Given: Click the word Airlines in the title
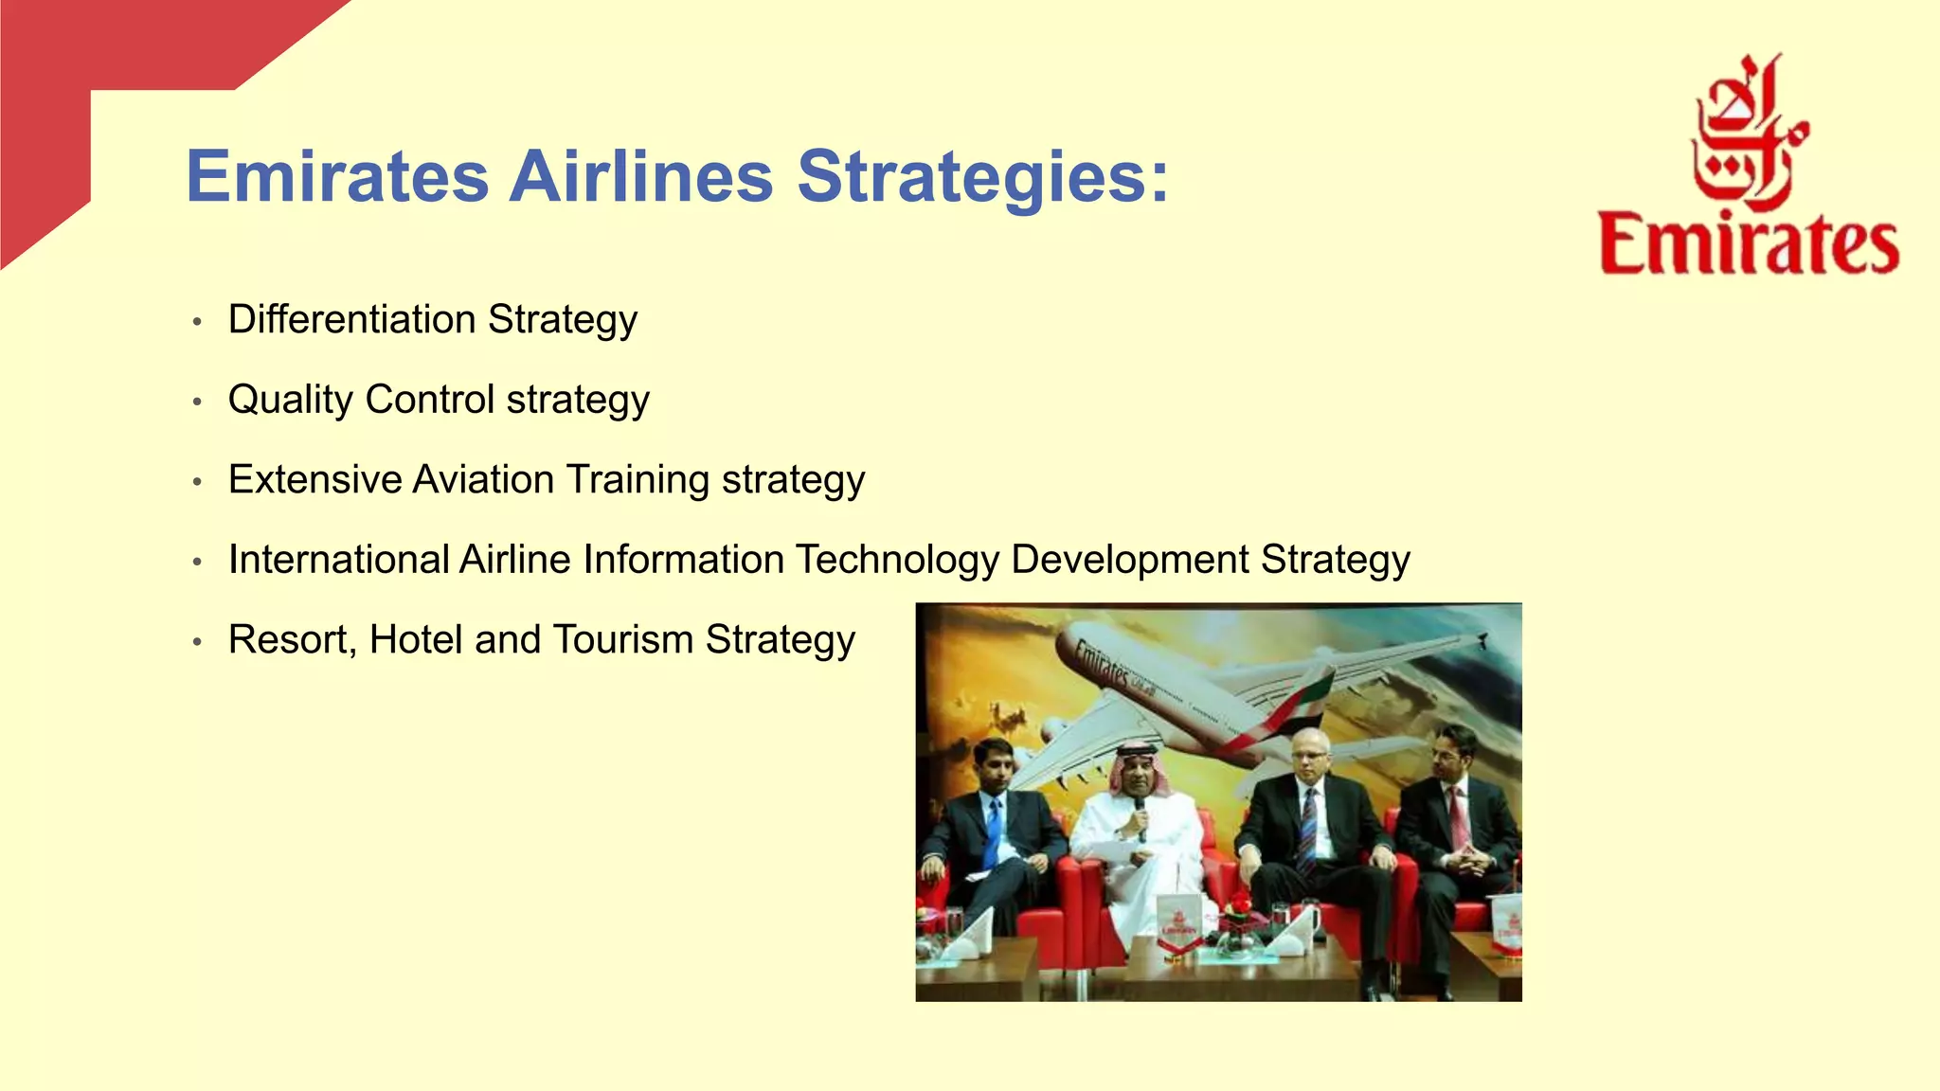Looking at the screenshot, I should (641, 176).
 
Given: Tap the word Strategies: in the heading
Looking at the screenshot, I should (983, 178).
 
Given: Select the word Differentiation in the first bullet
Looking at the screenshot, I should (351, 319).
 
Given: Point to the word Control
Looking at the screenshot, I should (429, 399).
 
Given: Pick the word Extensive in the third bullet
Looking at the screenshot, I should (314, 479).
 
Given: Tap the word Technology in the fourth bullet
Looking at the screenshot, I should (896, 560).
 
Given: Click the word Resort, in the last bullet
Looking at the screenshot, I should (292, 640).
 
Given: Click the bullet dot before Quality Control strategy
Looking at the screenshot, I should (197, 402).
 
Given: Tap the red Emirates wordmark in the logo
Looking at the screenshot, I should (1749, 244).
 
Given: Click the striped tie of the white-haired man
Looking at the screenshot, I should (1308, 829).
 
